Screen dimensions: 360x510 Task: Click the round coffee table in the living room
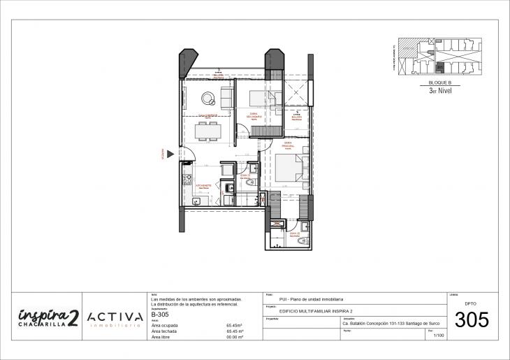(207, 97)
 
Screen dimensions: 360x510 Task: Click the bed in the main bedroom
(289, 168)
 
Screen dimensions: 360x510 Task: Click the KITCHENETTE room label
(205, 186)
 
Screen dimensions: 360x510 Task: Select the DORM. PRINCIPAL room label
(287, 145)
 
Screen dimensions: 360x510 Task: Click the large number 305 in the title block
(472, 321)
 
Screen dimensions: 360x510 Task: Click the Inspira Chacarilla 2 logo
(48, 316)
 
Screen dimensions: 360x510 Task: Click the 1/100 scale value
(439, 336)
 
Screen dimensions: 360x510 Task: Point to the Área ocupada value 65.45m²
(234, 325)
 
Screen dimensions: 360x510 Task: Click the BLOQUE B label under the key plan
(440, 82)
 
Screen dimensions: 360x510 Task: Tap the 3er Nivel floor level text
(440, 90)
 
